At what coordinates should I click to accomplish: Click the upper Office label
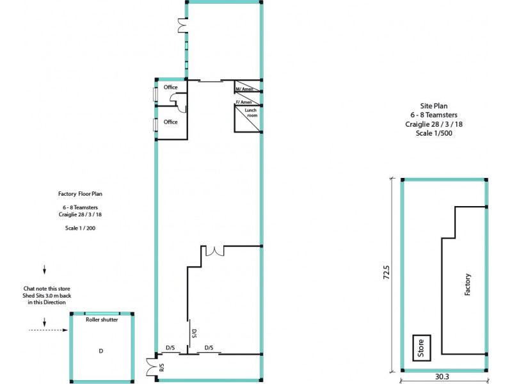(x=170, y=87)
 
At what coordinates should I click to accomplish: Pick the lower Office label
(x=170, y=122)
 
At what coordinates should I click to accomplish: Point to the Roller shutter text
(x=102, y=319)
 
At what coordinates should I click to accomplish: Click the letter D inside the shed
(x=100, y=351)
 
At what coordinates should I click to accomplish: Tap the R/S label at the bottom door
(x=161, y=368)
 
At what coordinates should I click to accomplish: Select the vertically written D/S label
(x=193, y=333)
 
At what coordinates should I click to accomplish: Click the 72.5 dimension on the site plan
(x=386, y=273)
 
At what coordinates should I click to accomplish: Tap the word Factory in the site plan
(x=468, y=284)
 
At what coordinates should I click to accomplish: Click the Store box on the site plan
(x=421, y=348)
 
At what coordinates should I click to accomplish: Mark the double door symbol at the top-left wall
(x=182, y=25)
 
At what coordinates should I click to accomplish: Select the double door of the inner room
(x=214, y=251)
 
